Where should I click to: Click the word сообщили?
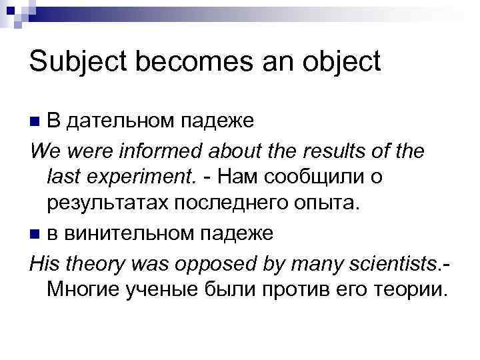313,178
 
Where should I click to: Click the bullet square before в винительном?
35,234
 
